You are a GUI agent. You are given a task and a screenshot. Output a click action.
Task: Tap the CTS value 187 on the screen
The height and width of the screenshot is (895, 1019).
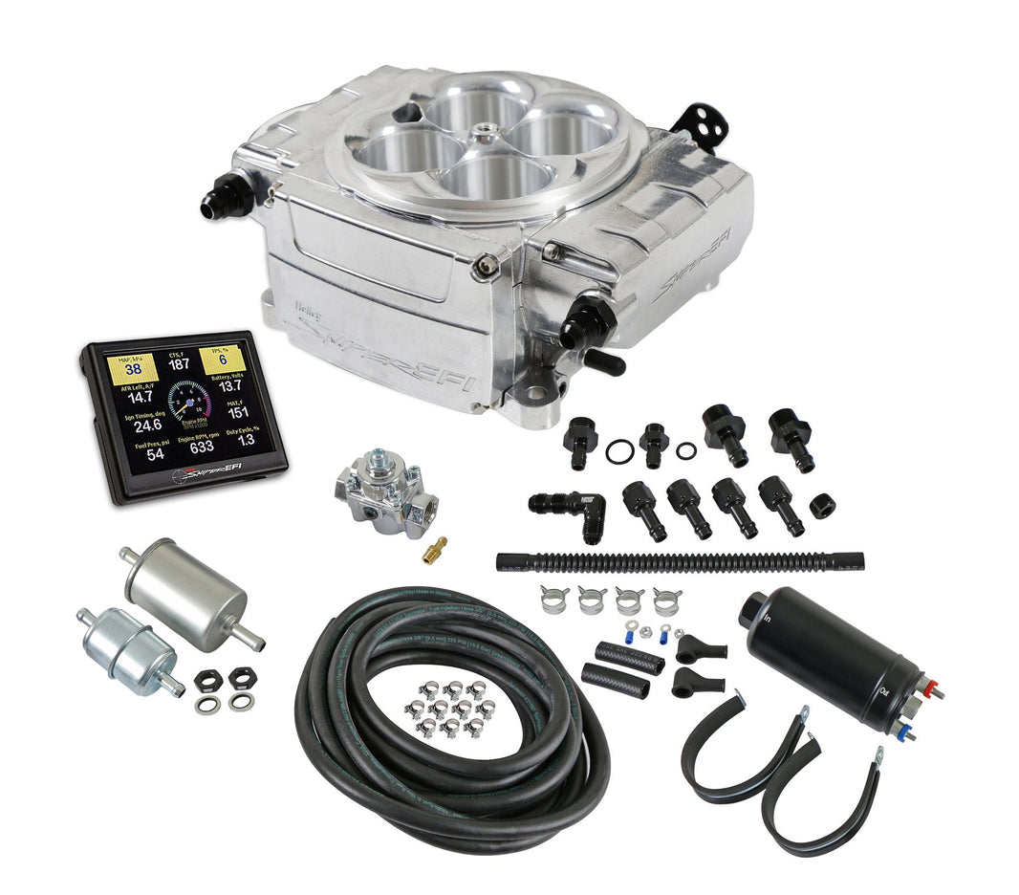click(x=179, y=364)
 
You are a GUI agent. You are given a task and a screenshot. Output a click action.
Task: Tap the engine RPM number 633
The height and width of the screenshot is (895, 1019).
click(x=201, y=446)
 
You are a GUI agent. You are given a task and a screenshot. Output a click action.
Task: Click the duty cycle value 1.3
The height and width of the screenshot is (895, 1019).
click(x=245, y=439)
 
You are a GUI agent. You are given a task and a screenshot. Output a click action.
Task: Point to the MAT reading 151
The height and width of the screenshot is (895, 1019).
click(x=236, y=412)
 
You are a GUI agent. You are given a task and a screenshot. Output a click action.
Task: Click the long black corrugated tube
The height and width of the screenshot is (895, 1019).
click(x=679, y=561)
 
